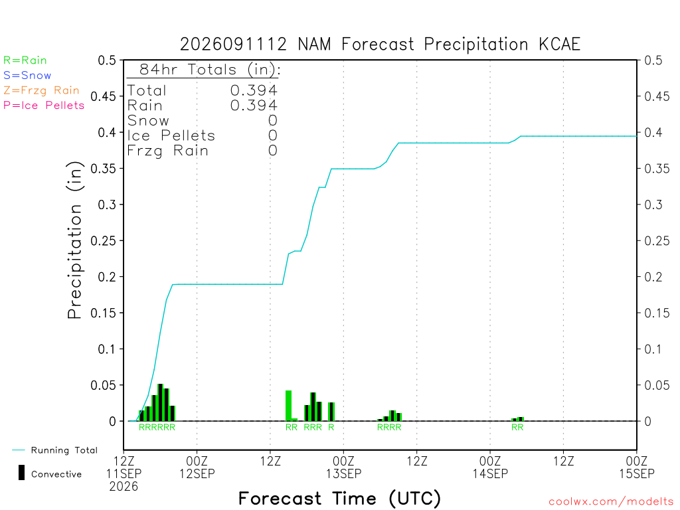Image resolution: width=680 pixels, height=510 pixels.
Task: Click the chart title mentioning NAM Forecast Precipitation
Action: pyautogui.click(x=380, y=44)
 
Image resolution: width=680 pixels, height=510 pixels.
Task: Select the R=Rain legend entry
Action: pyautogui.click(x=25, y=60)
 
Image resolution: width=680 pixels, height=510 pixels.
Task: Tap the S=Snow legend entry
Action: pyautogui.click(x=27, y=76)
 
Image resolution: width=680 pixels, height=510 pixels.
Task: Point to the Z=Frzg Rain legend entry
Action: pyautogui.click(x=41, y=90)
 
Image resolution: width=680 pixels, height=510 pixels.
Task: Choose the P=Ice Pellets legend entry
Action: pyautogui.click(x=44, y=106)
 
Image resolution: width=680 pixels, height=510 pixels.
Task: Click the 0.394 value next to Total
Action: pyautogui.click(x=254, y=90)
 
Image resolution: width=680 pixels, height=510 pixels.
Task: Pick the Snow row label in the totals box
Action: pyautogui.click(x=148, y=121)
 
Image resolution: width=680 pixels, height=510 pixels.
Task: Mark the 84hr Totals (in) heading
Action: pyautogui.click(x=210, y=70)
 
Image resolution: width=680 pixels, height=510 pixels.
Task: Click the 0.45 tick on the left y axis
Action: pyautogui.click(x=104, y=96)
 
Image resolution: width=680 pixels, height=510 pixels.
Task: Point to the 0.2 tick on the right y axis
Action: pyautogui.click(x=653, y=277)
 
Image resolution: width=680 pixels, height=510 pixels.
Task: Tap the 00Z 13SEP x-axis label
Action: pyautogui.click(x=343, y=467)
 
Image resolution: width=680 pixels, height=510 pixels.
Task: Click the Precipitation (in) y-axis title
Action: pyautogui.click(x=74, y=240)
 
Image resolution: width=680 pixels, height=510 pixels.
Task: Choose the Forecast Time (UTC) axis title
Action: pyautogui.click(x=339, y=499)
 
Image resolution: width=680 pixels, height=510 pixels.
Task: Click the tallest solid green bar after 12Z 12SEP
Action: pyautogui.click(x=288, y=406)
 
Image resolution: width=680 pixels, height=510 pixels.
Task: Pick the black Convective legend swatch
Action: pyautogui.click(x=21, y=473)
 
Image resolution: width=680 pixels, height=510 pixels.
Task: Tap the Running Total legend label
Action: pyautogui.click(x=64, y=450)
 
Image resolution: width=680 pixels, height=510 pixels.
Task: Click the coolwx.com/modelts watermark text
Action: pyautogui.click(x=611, y=502)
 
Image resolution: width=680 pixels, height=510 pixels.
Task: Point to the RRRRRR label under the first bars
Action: pyautogui.click(x=157, y=427)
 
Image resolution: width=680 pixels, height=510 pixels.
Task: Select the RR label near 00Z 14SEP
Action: pyautogui.click(x=517, y=427)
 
